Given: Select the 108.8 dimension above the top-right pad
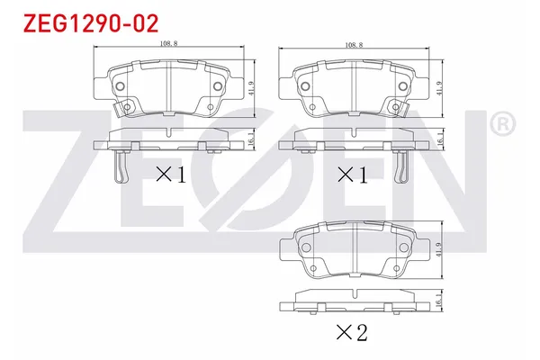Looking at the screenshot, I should click(353, 43).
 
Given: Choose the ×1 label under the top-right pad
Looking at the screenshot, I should click(352, 175).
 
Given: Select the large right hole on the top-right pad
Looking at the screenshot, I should click(403, 86).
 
